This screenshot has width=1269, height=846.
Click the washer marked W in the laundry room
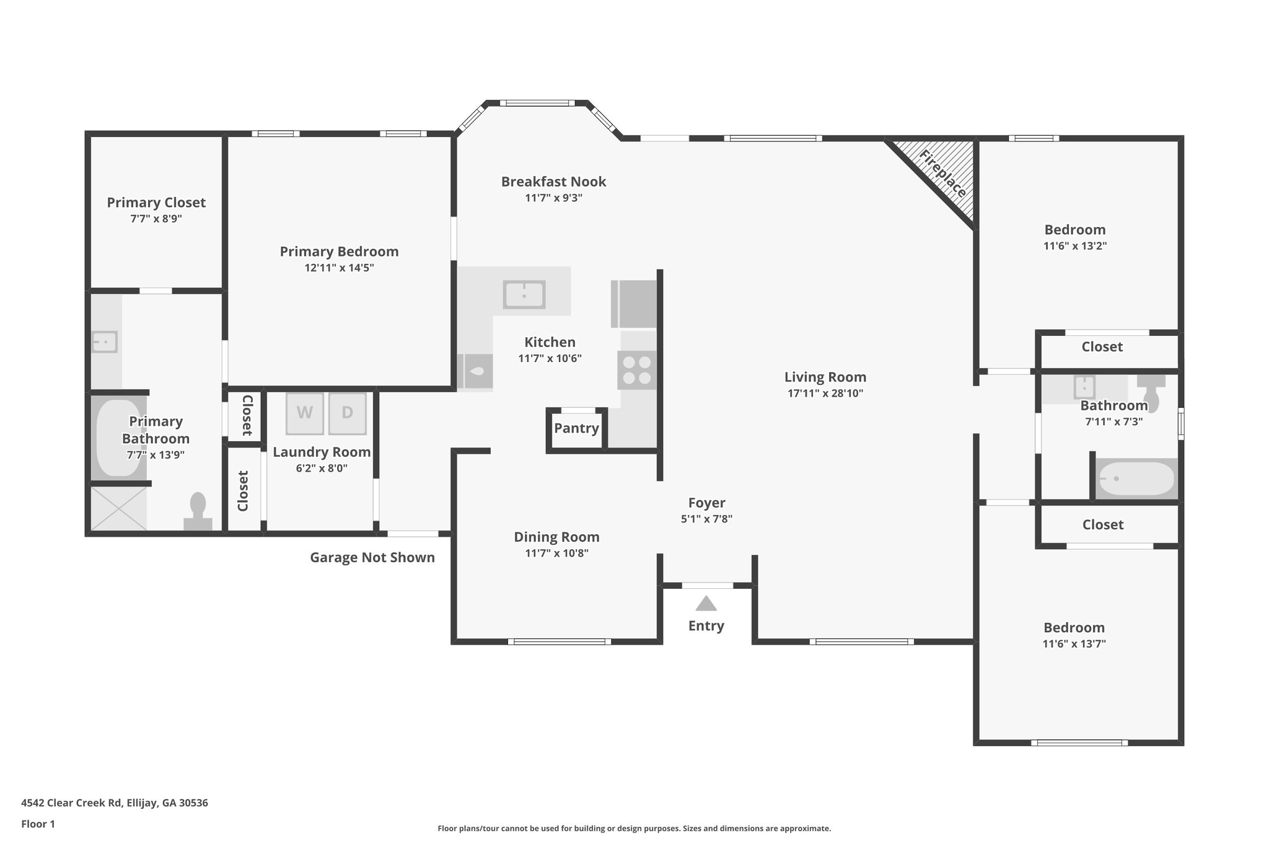[x=304, y=413]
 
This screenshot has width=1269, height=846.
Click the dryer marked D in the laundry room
[x=347, y=413]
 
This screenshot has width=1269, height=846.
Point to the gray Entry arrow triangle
[x=706, y=603]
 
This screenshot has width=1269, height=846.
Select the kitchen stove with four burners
[x=636, y=370]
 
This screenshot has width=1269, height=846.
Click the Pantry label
[x=576, y=428]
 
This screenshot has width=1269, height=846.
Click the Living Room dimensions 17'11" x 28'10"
[x=825, y=393]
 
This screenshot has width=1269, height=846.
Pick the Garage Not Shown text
[x=372, y=557]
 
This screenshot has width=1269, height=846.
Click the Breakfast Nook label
[x=553, y=182]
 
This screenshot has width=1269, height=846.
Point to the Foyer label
[x=706, y=503]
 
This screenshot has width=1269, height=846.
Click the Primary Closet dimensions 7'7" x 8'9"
[x=156, y=219]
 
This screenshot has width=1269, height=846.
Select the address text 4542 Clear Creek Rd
[x=115, y=803]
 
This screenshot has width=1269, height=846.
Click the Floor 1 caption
[x=38, y=824]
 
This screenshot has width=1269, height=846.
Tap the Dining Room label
[x=556, y=537]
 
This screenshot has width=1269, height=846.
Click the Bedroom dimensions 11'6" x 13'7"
[x=1074, y=643]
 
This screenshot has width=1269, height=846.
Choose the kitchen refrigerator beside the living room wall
[x=633, y=304]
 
